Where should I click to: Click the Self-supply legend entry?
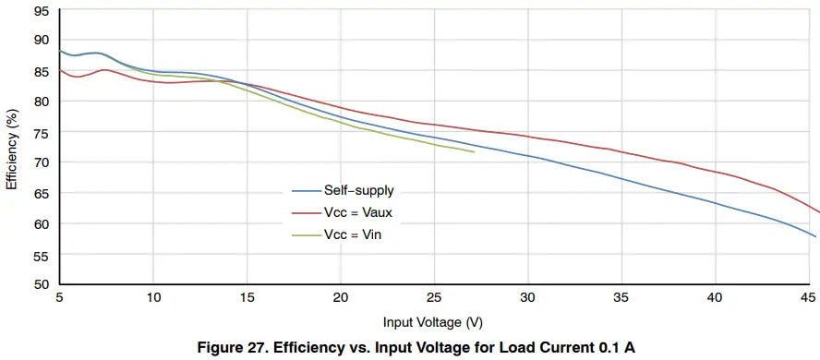(358, 191)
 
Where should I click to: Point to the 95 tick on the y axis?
(42, 12)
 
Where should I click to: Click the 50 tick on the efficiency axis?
(42, 284)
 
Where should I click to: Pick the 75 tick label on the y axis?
(42, 132)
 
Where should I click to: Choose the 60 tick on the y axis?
(42, 223)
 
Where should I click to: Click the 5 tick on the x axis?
(59, 297)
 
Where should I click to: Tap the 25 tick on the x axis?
(434, 297)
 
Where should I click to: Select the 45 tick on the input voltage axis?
(808, 297)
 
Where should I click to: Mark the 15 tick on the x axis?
(247, 297)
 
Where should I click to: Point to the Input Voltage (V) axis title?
(433, 322)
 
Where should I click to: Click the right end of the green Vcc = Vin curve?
(474, 151)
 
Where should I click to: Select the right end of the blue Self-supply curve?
(815, 237)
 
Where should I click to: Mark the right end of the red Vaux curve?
(818, 211)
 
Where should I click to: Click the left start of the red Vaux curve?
(60, 70)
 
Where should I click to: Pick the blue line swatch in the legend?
(305, 191)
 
